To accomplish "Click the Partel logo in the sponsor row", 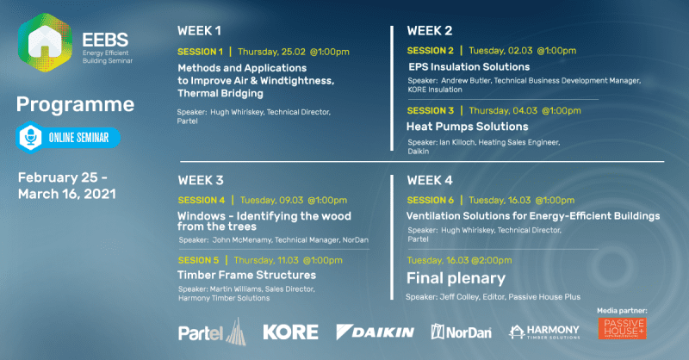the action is pyautogui.click(x=212, y=332).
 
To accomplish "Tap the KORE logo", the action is pyautogui.click(x=290, y=332).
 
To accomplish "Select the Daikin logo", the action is pyautogui.click(x=375, y=332).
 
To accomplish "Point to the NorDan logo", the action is pyautogui.click(x=461, y=332).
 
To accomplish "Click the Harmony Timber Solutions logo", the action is pyautogui.click(x=544, y=332).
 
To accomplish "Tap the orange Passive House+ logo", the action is pyautogui.click(x=622, y=329).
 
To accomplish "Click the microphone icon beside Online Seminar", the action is pyautogui.click(x=31, y=137).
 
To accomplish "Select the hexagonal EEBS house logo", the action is pyautogui.click(x=45, y=43).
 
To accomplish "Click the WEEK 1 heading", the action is pyautogui.click(x=199, y=31).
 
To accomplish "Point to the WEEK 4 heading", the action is pyautogui.click(x=429, y=180).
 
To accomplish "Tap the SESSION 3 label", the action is pyautogui.click(x=430, y=111).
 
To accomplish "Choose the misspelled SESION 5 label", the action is pyautogui.click(x=198, y=260).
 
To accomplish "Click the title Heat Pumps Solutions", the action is pyautogui.click(x=467, y=127).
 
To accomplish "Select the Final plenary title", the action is pyautogui.click(x=456, y=278).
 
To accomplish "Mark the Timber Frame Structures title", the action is pyautogui.click(x=246, y=275).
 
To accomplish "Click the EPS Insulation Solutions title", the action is pyautogui.click(x=469, y=67).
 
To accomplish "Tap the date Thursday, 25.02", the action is pyautogui.click(x=271, y=52).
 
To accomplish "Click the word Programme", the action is pyautogui.click(x=75, y=105).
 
